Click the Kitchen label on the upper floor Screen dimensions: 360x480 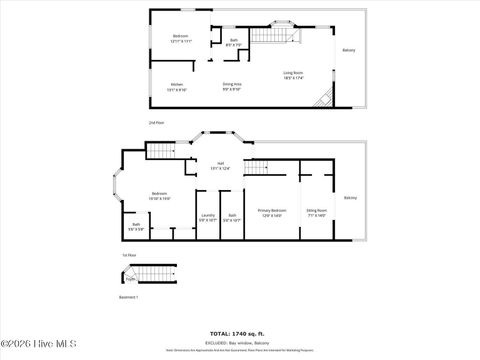pos(177,87)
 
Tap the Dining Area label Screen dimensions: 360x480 pos(232,87)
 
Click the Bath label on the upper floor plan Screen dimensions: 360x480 pos(233,41)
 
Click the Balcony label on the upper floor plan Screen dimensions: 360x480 pos(349,50)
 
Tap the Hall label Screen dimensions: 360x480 pos(219,166)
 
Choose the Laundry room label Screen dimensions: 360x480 pos(208,218)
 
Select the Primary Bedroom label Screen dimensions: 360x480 pos(272,212)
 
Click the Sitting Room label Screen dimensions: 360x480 pos(317,212)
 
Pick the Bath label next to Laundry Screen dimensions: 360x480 pos(232,218)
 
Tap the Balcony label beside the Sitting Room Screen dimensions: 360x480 pos(350,198)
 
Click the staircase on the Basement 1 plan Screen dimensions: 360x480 pos(151,274)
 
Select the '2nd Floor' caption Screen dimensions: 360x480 pos(156,122)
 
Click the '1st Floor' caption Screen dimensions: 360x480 pos(128,256)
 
